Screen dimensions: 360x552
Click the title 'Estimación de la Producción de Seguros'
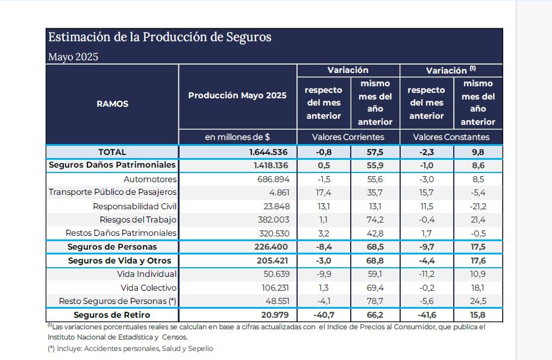click(160, 37)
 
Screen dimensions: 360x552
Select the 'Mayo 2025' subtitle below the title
click(73, 57)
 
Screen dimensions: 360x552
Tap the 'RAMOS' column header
click(112, 104)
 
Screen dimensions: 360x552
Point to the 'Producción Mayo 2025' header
click(237, 95)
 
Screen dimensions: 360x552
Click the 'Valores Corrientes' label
click(348, 137)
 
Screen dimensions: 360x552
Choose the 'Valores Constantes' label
click(451, 137)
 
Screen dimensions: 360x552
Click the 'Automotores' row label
click(149, 179)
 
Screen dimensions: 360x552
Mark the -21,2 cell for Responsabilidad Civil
click(477, 206)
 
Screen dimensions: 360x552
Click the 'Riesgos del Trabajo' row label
click(138, 219)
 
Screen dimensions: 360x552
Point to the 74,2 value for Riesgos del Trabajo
click(375, 219)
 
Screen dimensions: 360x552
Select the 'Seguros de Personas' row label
click(112, 247)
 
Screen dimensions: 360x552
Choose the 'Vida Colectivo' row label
click(148, 288)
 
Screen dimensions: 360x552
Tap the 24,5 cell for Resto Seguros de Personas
click(477, 301)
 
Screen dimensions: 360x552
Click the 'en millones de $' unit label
click(237, 137)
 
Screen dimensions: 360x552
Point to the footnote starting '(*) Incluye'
click(130, 349)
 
